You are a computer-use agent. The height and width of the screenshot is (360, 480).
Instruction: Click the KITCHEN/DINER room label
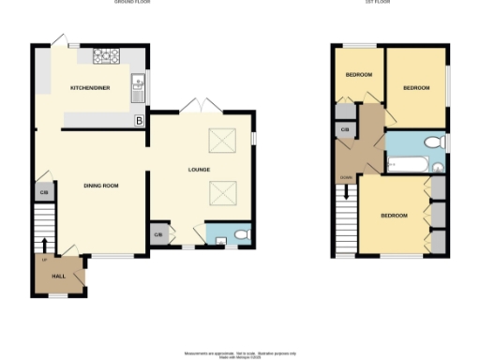90,87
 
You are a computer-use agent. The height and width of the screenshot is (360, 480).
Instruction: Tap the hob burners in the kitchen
106,55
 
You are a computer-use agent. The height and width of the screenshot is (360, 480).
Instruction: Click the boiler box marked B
140,121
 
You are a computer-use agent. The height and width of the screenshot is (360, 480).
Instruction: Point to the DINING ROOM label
100,186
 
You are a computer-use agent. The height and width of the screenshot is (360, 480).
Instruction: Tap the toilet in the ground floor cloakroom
240,234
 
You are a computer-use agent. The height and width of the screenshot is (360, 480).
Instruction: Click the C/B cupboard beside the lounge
157,234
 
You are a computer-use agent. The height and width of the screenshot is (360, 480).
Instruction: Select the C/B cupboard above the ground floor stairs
43,192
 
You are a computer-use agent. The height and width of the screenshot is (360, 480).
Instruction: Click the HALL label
57,277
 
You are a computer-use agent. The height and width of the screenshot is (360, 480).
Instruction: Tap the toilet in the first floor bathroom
432,142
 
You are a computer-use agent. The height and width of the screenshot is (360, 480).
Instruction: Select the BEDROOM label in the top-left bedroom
359,75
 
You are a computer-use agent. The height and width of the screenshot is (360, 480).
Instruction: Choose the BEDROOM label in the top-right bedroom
416,87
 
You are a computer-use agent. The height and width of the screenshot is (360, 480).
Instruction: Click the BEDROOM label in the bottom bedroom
394,216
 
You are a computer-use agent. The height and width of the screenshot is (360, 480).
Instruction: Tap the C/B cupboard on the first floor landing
345,128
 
